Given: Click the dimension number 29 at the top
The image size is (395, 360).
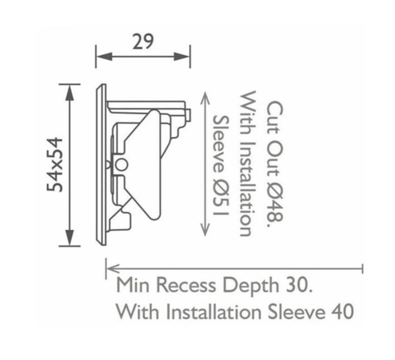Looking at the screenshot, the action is [143, 41].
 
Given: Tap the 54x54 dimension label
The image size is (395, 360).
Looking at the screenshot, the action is [55, 164].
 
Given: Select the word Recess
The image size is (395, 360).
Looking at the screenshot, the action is [186, 285].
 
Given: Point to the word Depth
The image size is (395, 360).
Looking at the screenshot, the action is [251, 286].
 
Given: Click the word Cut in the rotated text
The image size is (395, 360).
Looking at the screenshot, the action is [275, 115].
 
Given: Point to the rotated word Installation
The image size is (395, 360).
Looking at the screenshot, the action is [245, 188].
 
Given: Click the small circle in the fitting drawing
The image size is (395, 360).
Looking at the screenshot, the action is [121, 165].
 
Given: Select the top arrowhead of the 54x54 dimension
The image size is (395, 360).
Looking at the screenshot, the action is [70, 92].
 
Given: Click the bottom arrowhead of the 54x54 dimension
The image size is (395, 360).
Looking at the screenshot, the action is [70, 237].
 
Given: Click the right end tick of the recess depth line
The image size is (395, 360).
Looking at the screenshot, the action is [362, 269].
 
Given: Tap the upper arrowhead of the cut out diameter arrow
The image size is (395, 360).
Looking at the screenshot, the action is [205, 99].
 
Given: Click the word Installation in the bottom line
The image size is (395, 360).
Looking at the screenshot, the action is [214, 312].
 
